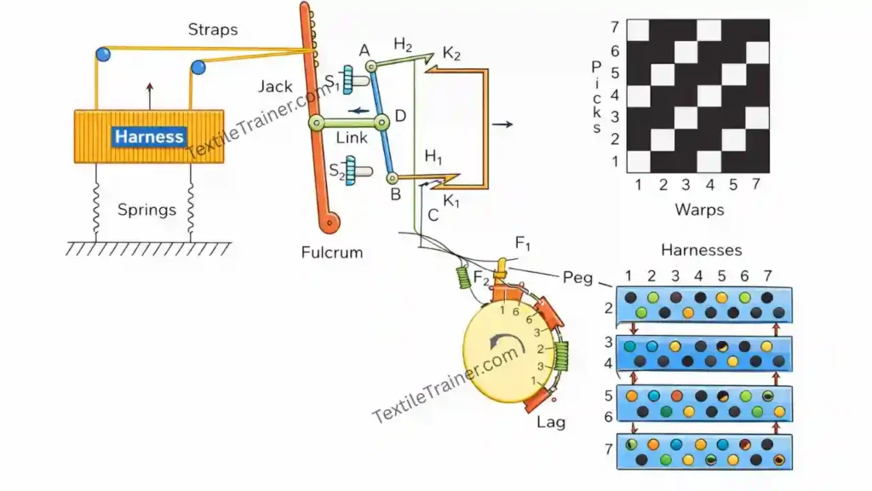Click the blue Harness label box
tap(150, 136)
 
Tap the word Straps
tap(212, 31)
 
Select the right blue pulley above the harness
tap(198, 67)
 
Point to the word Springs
tap(146, 210)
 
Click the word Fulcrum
tap(331, 252)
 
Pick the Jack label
tap(275, 86)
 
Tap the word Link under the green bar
tap(352, 138)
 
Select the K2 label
tap(451, 54)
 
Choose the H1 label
tap(434, 158)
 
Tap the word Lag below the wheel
tap(550, 421)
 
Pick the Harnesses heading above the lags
tap(701, 250)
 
